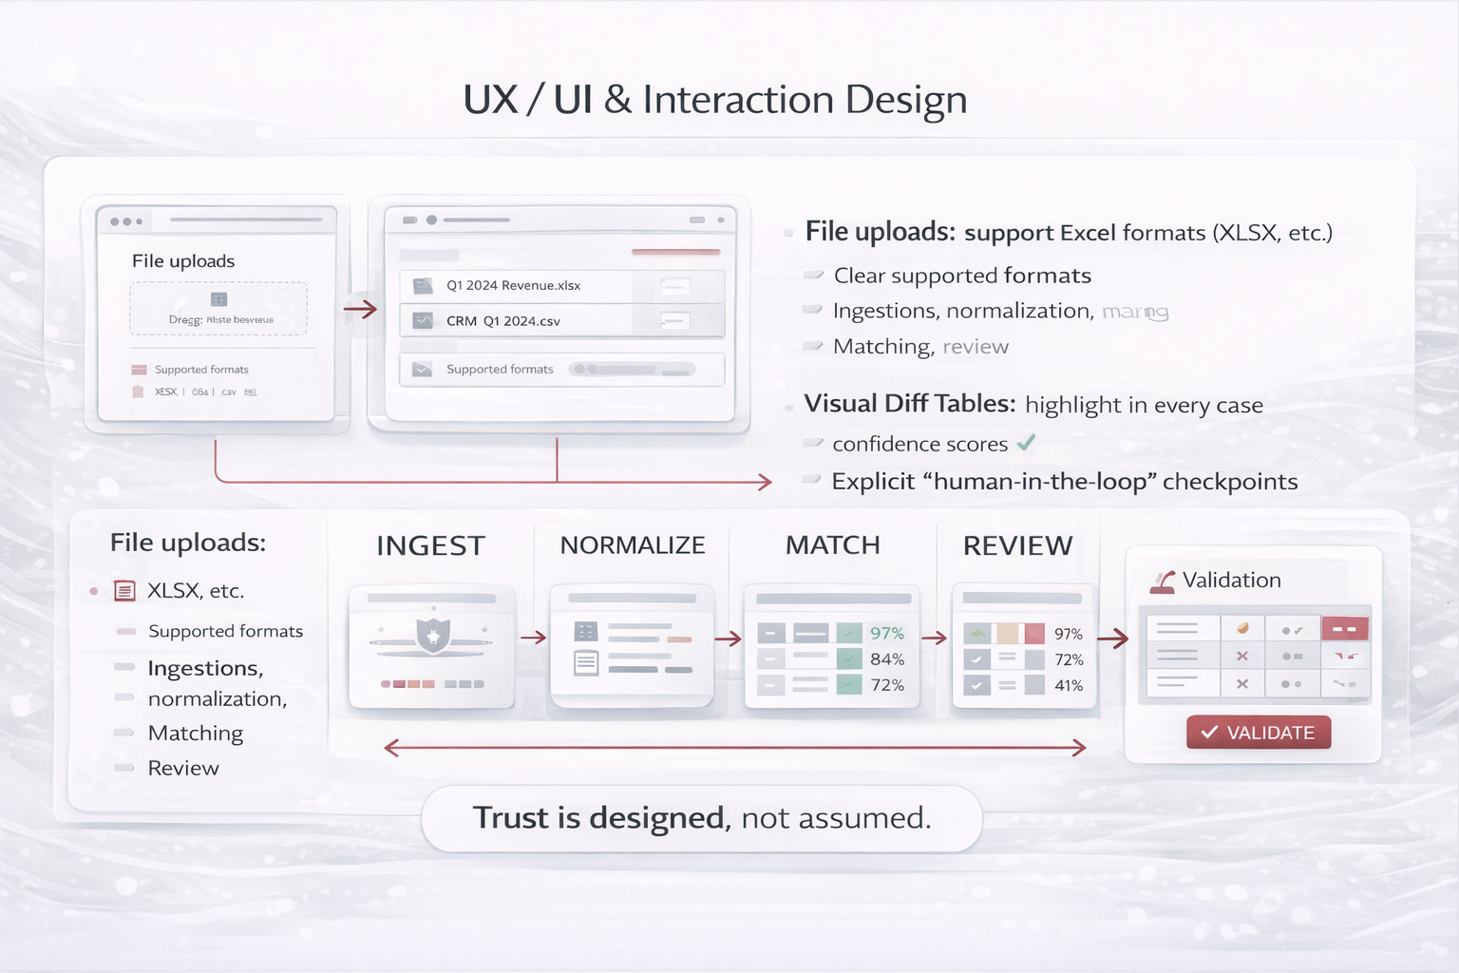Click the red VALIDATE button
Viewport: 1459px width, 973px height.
coord(1258,733)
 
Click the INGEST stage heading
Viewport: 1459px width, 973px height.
coord(430,545)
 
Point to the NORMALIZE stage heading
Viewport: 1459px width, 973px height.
coord(633,545)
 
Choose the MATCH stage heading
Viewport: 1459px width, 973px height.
coord(833,545)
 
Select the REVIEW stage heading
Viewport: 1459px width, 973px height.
coord(1017,545)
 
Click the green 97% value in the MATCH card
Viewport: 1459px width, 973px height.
coord(887,634)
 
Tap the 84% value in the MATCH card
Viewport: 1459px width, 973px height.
coord(887,659)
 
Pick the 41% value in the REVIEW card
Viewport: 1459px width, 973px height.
coord(1069,686)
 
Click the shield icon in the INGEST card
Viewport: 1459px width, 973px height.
coord(433,634)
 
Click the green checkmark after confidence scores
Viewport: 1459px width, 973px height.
coord(1026,443)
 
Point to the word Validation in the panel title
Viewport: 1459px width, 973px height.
coord(1231,581)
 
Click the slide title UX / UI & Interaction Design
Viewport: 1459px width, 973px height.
coord(715,100)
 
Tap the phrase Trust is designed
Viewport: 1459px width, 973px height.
coord(601,818)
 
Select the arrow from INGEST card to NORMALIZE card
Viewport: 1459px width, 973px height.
coord(533,638)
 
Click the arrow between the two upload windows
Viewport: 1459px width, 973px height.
coord(360,309)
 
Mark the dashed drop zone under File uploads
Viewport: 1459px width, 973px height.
coord(218,309)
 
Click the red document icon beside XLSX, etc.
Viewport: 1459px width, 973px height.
coord(124,591)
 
